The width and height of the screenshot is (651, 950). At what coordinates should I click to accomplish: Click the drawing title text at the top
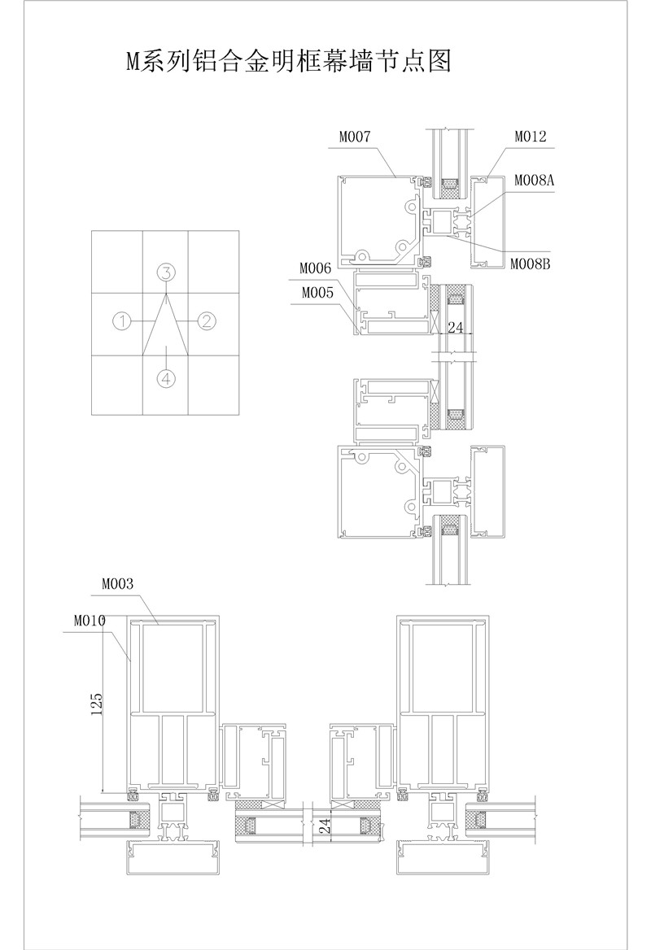click(289, 62)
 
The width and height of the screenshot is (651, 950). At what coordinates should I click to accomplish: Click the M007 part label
click(355, 137)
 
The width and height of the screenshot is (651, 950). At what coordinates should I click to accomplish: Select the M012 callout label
click(531, 137)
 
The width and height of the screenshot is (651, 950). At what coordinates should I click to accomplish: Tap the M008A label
click(534, 180)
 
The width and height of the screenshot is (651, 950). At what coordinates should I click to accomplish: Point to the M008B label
click(531, 264)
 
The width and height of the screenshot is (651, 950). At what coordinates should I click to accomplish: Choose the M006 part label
click(315, 268)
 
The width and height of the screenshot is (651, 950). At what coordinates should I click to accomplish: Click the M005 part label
click(317, 293)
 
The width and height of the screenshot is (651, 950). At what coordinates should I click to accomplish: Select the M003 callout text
click(118, 584)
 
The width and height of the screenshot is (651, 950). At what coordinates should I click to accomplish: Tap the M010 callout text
click(90, 621)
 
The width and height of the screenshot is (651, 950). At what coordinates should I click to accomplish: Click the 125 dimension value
click(96, 704)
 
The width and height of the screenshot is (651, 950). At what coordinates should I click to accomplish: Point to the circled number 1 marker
click(122, 320)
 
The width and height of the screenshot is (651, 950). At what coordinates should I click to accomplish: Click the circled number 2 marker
click(206, 320)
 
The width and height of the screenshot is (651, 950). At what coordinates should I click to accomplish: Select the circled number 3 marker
click(166, 272)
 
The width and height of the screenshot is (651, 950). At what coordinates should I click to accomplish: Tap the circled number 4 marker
click(166, 379)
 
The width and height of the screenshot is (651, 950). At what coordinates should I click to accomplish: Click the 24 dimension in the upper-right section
click(455, 327)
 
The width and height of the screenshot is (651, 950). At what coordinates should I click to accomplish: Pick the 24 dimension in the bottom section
click(325, 826)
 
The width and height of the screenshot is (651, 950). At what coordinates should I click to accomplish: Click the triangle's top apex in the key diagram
click(166, 295)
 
